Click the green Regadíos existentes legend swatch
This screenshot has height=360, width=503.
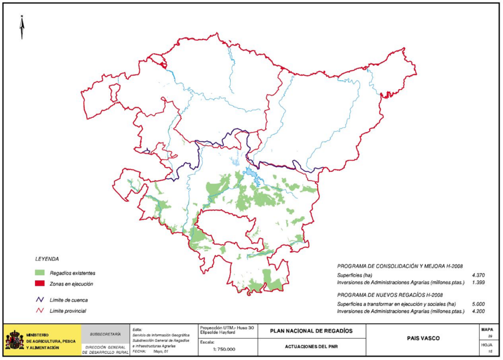40,273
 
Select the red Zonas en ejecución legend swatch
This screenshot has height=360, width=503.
40,284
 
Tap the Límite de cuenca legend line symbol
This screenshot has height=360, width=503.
40,300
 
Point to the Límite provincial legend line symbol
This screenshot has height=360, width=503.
40,311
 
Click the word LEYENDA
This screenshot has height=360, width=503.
47,258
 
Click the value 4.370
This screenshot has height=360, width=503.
479,275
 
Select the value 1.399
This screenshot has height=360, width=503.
479,282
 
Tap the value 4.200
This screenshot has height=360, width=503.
479,311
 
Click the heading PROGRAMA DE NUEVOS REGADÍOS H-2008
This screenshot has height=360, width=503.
390,295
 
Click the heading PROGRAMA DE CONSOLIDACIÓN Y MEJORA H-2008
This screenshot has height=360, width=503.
400,266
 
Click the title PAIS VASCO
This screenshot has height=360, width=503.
423,339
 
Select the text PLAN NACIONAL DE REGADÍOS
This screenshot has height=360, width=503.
311,331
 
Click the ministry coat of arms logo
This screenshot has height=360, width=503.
14,340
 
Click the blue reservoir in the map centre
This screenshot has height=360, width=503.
251,174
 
